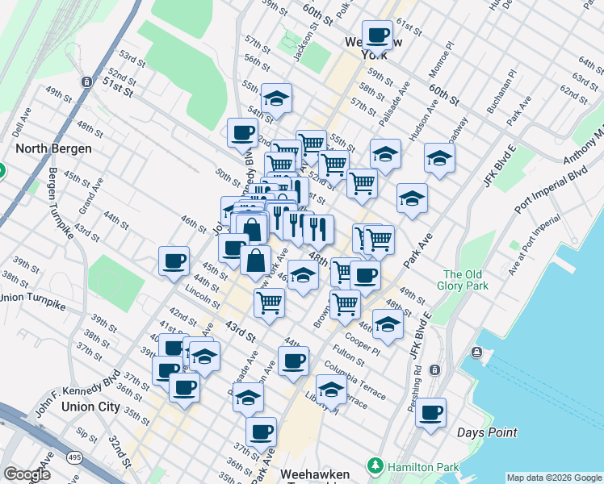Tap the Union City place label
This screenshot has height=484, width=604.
[x=90, y=407]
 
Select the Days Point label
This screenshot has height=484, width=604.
[x=487, y=432]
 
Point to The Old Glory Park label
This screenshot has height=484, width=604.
[x=463, y=280]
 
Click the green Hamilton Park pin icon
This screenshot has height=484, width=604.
[x=374, y=465]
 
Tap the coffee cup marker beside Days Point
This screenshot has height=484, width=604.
[x=430, y=412]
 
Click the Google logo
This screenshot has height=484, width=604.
[x=26, y=474]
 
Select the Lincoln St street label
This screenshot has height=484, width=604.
[x=203, y=296]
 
